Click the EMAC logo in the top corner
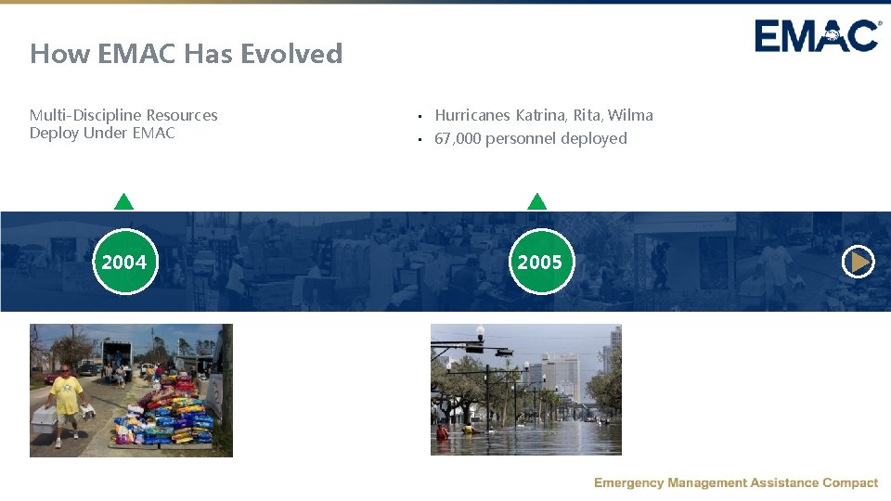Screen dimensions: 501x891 tap(817, 36)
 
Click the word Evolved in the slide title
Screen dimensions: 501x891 tap(291, 54)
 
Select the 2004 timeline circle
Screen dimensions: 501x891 tap(124, 263)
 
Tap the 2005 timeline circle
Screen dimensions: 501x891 tap(540, 263)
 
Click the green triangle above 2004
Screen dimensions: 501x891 tap(123, 201)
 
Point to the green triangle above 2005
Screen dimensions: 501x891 tap(536, 201)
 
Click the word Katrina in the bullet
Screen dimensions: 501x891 tap(540, 115)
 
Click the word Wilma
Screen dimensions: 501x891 tap(630, 115)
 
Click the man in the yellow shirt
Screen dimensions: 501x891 tap(65, 394)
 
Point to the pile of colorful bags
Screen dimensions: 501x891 tap(167, 413)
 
